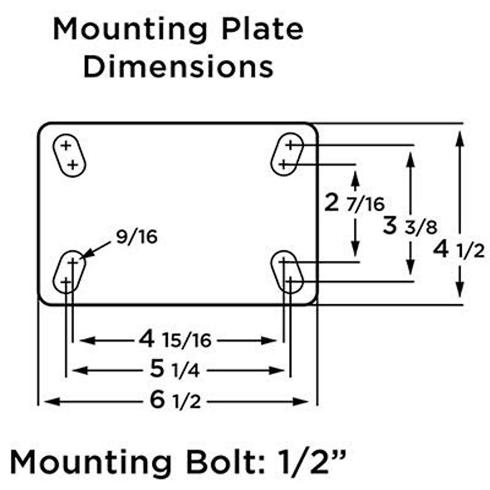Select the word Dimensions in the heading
point(178,67)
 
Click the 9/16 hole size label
point(136,237)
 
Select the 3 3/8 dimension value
point(410,226)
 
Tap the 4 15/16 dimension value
point(175,339)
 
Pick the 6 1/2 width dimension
point(175,401)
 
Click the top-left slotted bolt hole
point(69,155)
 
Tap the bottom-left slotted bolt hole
point(69,272)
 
